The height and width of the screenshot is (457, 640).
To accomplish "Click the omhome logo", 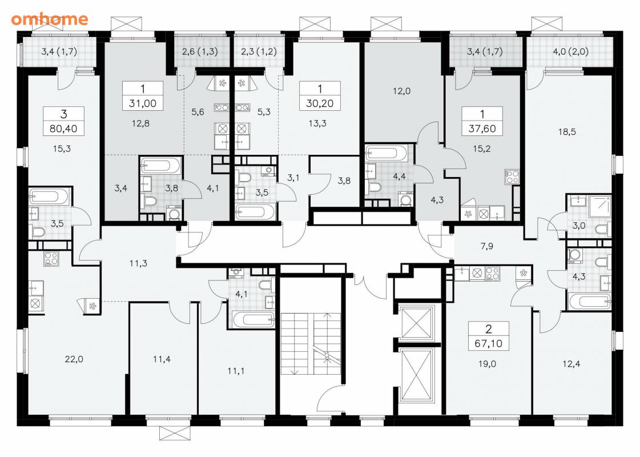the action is pyautogui.click(x=50, y=19).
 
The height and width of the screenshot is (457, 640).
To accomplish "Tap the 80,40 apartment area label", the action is pyautogui.click(x=63, y=129).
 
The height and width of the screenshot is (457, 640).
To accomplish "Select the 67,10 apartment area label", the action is pyautogui.click(x=489, y=343).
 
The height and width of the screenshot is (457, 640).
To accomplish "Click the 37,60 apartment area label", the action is pyautogui.click(x=482, y=129).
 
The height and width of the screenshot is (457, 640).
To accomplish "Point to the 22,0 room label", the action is pyautogui.click(x=74, y=359).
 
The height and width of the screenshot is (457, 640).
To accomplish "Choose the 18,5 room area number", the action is pyautogui.click(x=567, y=132).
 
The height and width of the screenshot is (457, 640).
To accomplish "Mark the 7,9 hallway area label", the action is pyautogui.click(x=487, y=246).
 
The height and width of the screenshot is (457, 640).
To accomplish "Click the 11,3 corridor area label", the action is pyautogui.click(x=138, y=263).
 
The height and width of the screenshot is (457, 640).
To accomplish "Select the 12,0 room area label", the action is pyautogui.click(x=401, y=91).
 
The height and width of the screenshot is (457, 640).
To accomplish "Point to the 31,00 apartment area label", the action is pyautogui.click(x=143, y=103).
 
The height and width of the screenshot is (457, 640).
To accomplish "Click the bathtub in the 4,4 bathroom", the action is pyautogui.click(x=387, y=153).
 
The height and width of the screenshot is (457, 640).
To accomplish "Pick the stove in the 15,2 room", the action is pyautogui.click(x=512, y=177).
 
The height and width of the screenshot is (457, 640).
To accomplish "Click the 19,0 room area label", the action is pyautogui.click(x=487, y=364).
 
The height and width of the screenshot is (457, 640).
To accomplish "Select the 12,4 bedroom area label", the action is pyautogui.click(x=571, y=364).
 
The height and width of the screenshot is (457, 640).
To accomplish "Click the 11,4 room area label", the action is pyautogui.click(x=162, y=359).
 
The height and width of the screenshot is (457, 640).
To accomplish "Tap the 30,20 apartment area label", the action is pyautogui.click(x=320, y=103).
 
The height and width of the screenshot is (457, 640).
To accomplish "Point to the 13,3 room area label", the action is pyautogui.click(x=317, y=123).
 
